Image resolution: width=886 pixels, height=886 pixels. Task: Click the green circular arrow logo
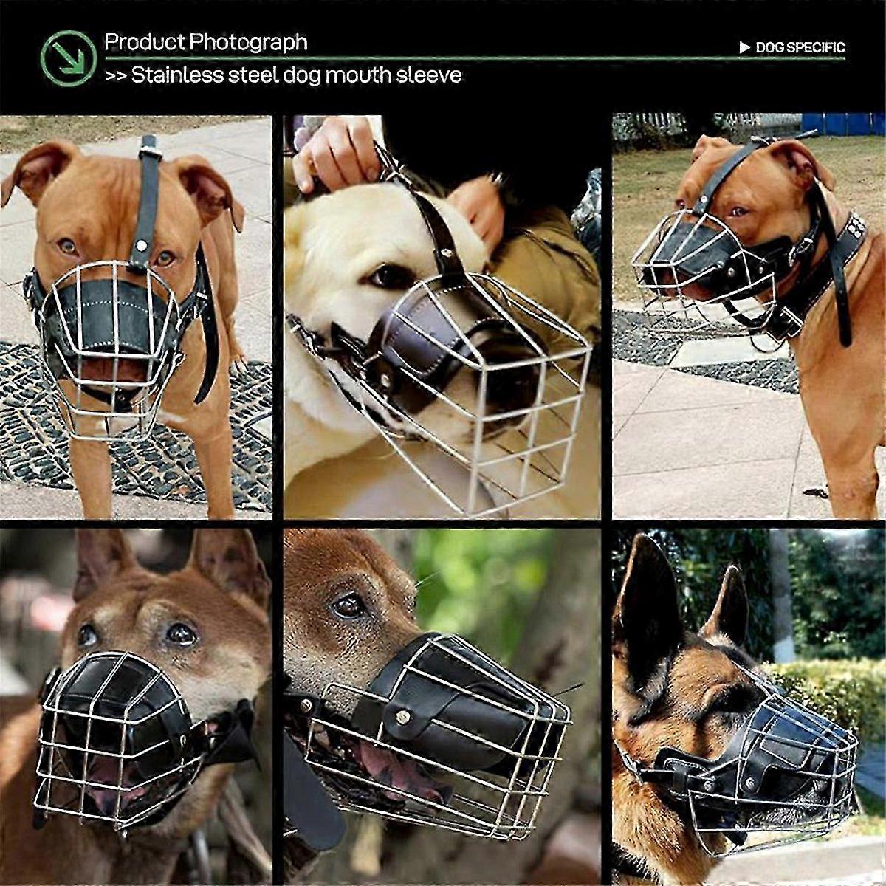tap(69, 58)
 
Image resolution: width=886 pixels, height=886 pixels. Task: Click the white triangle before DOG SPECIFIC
tap(745, 48)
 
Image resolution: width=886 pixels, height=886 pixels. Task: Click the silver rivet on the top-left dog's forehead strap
tap(142, 247)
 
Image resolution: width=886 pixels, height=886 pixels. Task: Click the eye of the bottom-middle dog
tap(349, 607)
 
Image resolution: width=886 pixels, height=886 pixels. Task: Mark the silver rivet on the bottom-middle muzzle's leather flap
tap(403, 717)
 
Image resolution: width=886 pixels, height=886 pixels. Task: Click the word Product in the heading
tap(145, 42)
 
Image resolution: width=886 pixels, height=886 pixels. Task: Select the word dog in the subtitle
tap(301, 76)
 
